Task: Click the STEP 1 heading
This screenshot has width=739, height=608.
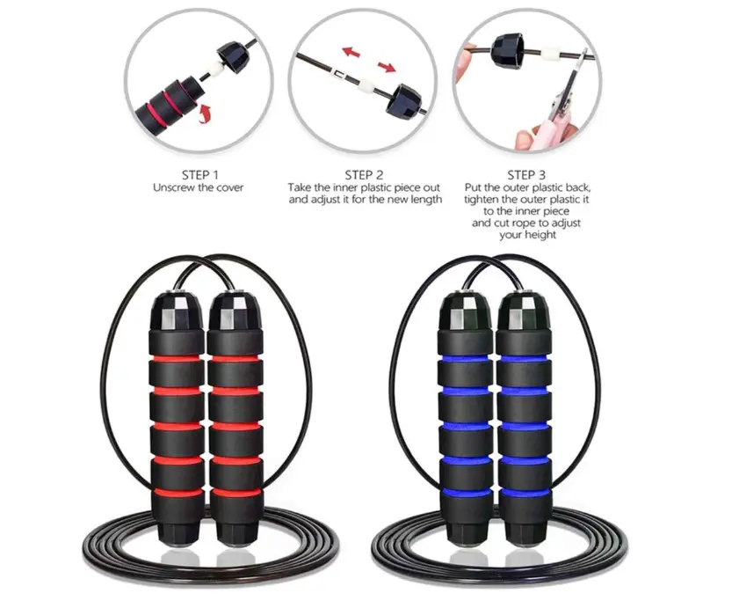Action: coord(200,175)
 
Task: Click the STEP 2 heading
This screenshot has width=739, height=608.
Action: coord(365,175)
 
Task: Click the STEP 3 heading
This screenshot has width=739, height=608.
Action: coord(526,175)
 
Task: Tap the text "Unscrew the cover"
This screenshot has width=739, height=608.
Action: coord(199,187)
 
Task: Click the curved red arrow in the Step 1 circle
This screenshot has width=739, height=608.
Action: coord(204,114)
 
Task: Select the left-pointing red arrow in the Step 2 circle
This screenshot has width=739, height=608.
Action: coord(351,51)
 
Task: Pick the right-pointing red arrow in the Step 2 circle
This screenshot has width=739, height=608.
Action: coord(387,68)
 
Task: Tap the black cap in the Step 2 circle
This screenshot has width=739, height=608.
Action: coord(403,100)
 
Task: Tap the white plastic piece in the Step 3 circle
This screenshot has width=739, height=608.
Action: coord(550,55)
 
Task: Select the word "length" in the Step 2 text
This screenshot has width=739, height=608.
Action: coord(424,199)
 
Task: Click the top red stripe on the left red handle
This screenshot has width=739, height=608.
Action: coord(177,359)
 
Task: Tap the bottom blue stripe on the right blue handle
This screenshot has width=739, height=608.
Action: coord(525,493)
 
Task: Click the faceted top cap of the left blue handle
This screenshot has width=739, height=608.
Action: coord(466,311)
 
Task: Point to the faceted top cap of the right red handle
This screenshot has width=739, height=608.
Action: coord(235,311)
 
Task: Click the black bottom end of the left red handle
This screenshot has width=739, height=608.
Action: coord(178,529)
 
